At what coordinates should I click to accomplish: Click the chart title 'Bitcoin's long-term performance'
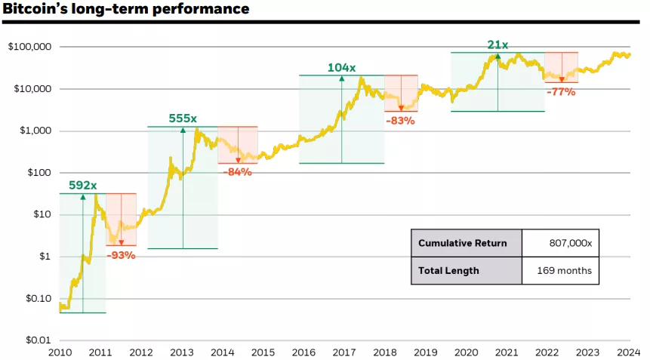(126, 10)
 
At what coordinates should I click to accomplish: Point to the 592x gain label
(83, 185)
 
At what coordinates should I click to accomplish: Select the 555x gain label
(183, 118)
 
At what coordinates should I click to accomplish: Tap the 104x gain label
(341, 67)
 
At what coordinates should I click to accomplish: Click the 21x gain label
(498, 45)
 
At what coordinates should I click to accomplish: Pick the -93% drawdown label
(121, 255)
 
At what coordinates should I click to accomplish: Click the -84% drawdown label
(237, 172)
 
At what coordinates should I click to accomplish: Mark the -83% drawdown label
(400, 120)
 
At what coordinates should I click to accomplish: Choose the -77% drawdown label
(560, 92)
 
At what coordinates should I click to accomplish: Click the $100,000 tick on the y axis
(29, 47)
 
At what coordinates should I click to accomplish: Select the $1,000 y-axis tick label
(34, 131)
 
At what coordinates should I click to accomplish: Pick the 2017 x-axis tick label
(344, 352)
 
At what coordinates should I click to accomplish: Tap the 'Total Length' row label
(448, 270)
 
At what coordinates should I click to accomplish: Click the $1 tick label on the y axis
(45, 257)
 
